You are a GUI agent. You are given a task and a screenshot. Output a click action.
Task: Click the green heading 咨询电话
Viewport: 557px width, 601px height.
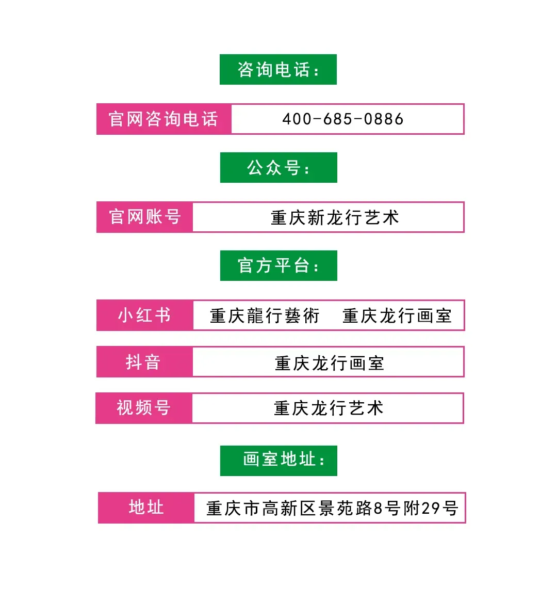click(x=278, y=70)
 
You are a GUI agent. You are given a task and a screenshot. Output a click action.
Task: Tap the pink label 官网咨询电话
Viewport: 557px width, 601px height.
click(x=163, y=119)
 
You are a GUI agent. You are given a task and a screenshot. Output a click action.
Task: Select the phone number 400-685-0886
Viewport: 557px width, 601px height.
click(x=343, y=119)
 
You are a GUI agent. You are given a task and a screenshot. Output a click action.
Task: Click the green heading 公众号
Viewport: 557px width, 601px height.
click(x=278, y=168)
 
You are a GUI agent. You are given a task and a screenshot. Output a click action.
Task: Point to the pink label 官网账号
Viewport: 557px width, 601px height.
click(x=145, y=217)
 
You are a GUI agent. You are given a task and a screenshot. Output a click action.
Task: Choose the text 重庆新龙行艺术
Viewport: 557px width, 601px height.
click(x=335, y=217)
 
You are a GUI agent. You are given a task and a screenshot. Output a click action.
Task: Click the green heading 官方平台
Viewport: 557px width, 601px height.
click(x=278, y=266)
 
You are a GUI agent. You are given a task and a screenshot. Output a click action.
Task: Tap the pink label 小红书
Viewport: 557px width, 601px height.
click(x=144, y=315)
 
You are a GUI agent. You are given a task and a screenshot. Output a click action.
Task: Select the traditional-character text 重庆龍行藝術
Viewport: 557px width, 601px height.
click(x=265, y=315)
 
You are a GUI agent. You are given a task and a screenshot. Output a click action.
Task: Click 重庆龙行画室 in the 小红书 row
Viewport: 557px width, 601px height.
click(x=397, y=315)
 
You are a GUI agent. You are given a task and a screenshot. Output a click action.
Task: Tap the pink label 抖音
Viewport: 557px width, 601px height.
click(x=143, y=362)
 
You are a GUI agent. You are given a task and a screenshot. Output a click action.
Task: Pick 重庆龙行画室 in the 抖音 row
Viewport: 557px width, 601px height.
click(x=329, y=363)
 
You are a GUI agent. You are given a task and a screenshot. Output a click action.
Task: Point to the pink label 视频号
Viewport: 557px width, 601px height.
click(x=143, y=408)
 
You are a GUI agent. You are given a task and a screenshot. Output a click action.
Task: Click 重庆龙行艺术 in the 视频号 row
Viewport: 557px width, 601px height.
click(x=329, y=408)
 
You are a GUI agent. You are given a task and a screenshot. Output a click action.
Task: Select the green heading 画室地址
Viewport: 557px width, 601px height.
click(x=284, y=459)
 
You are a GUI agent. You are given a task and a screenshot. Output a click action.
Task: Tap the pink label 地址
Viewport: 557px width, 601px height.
click(x=146, y=508)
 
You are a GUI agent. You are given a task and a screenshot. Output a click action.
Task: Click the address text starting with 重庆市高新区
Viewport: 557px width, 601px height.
click(x=332, y=509)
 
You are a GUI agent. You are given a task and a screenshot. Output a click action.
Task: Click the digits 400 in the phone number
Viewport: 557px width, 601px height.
click(x=297, y=119)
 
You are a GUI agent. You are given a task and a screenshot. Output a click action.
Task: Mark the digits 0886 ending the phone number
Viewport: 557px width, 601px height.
click(x=384, y=119)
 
